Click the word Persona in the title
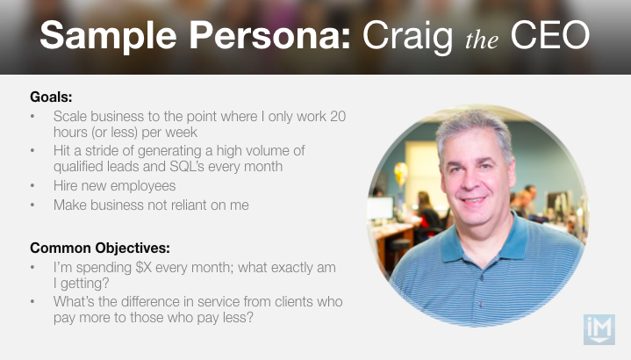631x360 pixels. [270, 35]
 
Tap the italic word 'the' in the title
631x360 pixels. [482, 40]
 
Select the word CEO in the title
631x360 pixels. [549, 35]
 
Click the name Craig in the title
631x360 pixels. [408, 38]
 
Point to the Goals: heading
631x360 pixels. [51, 97]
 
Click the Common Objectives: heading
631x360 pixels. [100, 248]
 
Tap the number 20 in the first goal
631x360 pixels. [338, 117]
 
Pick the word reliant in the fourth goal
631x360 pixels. [189, 205]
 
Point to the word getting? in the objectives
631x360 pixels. [84, 284]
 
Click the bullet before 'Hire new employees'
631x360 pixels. [32, 185]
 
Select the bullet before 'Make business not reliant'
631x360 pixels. [32, 205]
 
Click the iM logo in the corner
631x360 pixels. [599, 330]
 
